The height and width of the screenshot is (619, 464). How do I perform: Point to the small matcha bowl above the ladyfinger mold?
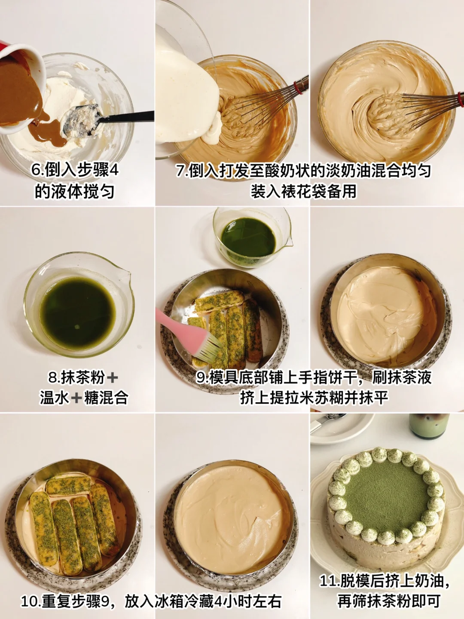[252, 237]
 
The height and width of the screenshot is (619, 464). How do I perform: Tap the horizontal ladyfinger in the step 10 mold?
[68, 485]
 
